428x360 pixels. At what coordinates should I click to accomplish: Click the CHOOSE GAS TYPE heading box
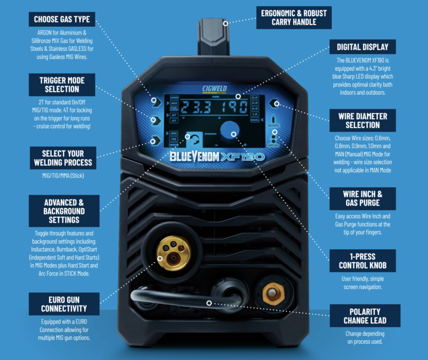[61, 19]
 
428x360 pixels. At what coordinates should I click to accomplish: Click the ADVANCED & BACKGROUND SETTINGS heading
[64, 211]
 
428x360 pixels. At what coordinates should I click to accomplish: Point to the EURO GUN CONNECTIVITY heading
[64, 304]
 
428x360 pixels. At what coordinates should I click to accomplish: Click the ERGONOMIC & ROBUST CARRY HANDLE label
[293, 17]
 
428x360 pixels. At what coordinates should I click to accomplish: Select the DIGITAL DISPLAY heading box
[363, 47]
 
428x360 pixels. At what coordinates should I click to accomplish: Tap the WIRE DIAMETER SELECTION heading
[362, 120]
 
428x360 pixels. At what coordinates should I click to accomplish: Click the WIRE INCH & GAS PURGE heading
[362, 198]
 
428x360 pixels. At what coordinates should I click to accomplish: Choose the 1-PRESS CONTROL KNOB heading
[363, 261]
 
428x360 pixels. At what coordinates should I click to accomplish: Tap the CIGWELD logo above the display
[214, 88]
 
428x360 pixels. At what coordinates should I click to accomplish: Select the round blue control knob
[229, 131]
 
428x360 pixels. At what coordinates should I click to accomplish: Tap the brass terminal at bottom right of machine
[274, 292]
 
